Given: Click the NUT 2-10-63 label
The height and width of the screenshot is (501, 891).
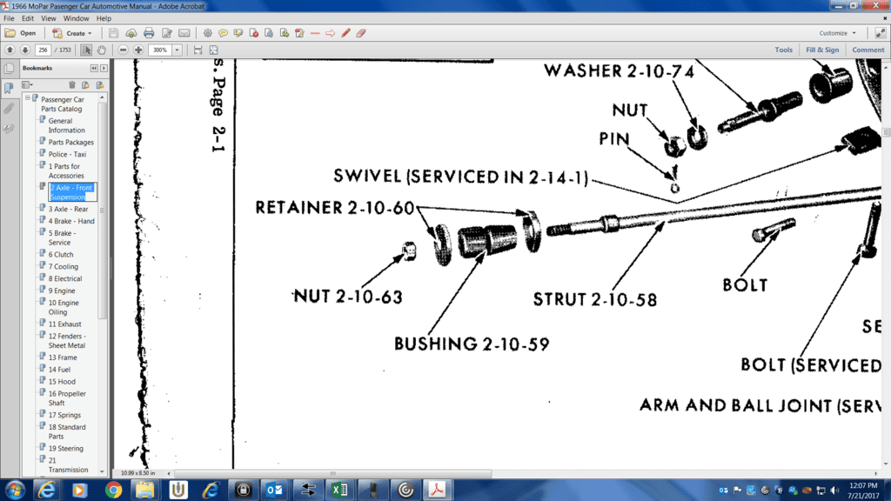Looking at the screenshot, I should [347, 297].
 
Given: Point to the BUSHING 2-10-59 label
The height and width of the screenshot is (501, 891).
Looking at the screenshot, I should [471, 344].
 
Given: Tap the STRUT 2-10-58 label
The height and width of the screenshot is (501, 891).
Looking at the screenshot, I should [594, 300].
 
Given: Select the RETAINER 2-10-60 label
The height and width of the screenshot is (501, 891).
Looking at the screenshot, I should [335, 208].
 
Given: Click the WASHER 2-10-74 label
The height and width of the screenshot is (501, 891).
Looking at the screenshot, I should [619, 71].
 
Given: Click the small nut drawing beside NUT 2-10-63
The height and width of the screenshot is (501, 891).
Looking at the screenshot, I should [407, 253].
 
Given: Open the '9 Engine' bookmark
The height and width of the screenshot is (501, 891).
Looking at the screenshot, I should [62, 291].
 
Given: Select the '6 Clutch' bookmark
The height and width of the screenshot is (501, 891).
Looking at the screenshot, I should [61, 254].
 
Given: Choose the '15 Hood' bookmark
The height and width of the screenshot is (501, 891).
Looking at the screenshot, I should [62, 381].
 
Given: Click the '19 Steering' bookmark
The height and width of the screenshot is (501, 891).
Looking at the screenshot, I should [66, 448].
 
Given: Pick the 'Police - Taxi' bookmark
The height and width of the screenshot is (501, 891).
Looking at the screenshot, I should [67, 154].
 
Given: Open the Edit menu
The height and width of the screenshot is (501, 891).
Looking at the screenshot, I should [28, 18].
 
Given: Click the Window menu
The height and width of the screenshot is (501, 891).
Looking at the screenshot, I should [77, 18].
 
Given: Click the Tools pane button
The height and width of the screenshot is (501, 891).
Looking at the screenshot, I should [784, 50].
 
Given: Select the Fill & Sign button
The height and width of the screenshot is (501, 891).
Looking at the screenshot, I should [822, 50].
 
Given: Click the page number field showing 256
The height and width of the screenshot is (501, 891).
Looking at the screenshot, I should [44, 50].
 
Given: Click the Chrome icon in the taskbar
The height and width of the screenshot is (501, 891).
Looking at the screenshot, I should [113, 489].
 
